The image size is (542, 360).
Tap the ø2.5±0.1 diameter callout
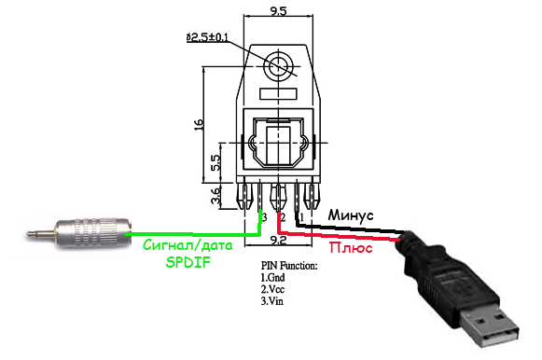point(207,37)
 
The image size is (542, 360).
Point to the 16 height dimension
point(199,124)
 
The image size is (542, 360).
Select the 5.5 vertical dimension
point(215,162)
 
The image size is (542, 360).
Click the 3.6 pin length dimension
point(215,196)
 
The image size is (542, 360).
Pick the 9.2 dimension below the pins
point(278,240)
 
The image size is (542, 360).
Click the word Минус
point(351,215)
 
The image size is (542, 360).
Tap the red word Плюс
point(351,248)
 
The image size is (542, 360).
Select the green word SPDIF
point(188,262)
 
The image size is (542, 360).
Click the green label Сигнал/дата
point(188,245)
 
